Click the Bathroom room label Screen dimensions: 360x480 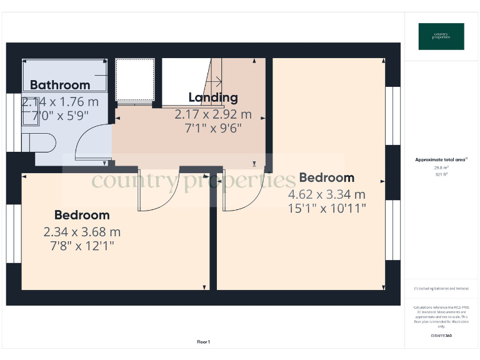click(x=60, y=85)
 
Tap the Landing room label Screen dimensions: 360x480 click(x=213, y=97)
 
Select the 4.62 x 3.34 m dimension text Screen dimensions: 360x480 click(x=327, y=194)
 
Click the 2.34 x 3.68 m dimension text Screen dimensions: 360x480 click(x=82, y=232)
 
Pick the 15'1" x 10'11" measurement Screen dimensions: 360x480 click(x=327, y=208)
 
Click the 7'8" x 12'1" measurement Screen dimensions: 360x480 click(x=82, y=246)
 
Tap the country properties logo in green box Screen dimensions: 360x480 click(x=441, y=36)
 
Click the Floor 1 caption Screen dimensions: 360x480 click(x=203, y=342)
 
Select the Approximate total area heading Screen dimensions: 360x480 click(x=441, y=160)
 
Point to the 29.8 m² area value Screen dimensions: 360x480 click(x=441, y=167)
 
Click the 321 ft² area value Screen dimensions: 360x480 click(x=441, y=174)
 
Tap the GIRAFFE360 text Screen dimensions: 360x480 click(x=441, y=336)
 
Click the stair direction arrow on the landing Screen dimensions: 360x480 click(x=217, y=80)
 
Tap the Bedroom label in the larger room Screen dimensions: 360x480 click(x=326, y=177)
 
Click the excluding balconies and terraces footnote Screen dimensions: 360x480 click(x=441, y=289)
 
